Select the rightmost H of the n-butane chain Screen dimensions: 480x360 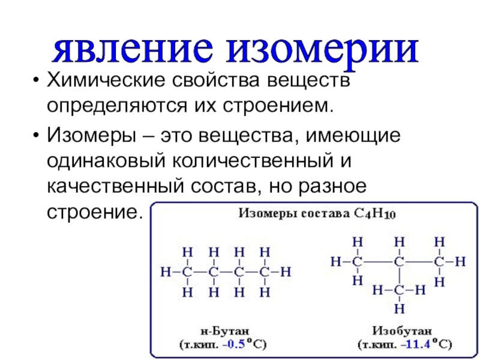coord(286,272)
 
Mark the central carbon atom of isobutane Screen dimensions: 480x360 coord(398,262)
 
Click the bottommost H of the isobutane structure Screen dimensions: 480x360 coord(398,308)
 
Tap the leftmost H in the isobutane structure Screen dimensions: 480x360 coord(335,262)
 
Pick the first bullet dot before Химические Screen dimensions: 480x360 coord(37,81)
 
